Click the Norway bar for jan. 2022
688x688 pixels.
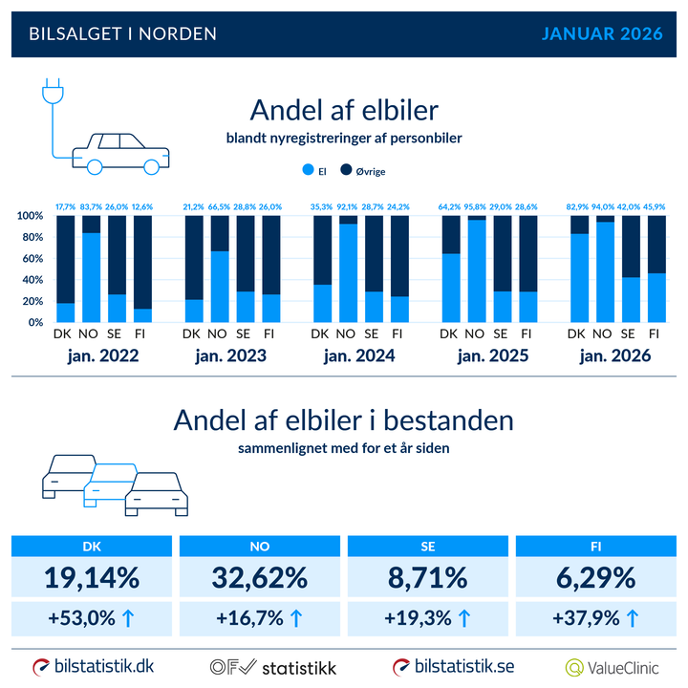tap(91, 269)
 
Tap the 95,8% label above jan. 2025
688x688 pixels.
tap(475, 206)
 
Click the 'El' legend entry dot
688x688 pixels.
tap(308, 172)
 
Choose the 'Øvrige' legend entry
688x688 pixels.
tap(363, 172)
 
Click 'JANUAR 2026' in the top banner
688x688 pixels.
tap(602, 33)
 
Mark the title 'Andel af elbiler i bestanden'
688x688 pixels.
tap(343, 421)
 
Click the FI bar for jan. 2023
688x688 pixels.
tap(270, 269)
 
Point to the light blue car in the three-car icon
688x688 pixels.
tap(110, 483)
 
